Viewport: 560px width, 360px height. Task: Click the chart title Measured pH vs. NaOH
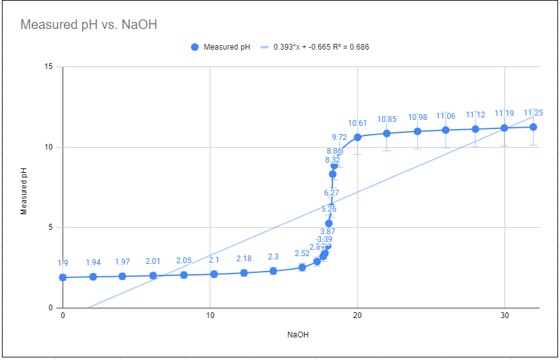coord(89,25)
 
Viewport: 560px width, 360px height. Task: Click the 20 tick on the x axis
coord(357,315)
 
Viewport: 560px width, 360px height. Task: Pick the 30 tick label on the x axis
coord(505,315)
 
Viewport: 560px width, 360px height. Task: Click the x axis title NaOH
coord(298,335)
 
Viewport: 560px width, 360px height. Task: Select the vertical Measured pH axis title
coord(24,187)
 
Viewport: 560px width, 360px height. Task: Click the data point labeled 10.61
coord(357,137)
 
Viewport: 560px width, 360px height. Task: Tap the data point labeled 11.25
coord(534,127)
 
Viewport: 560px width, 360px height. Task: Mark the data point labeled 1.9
coord(63,277)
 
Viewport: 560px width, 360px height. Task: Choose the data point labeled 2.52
coord(302,267)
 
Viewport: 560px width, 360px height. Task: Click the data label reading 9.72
coord(339,137)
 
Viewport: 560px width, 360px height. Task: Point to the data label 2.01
coord(153,261)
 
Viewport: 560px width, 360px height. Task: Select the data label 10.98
coord(417,117)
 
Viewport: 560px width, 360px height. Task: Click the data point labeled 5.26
coord(329,223)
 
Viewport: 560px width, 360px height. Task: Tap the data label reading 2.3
coord(273,257)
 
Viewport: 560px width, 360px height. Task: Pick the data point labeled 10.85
coord(386,134)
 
